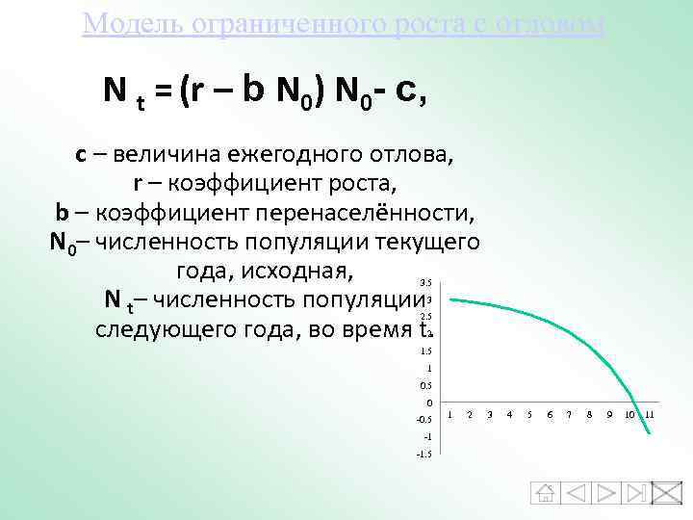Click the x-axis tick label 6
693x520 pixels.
549,415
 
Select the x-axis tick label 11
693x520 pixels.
650,415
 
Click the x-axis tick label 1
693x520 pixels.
449,415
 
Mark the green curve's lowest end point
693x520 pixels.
650,434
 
